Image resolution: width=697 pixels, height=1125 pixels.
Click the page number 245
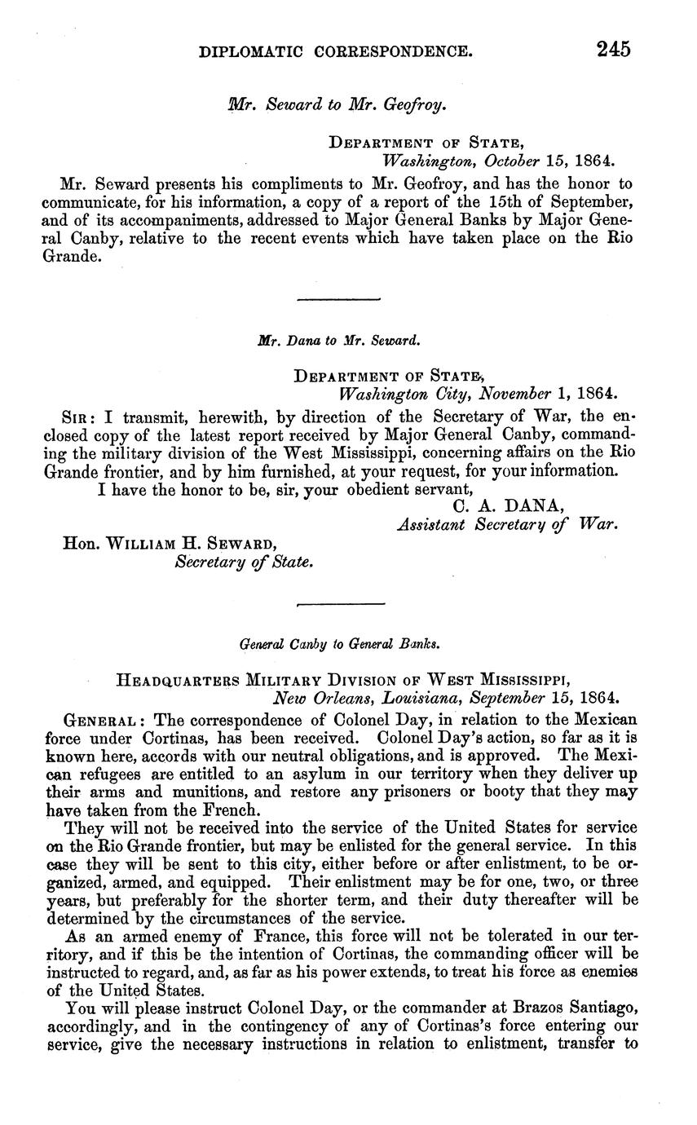[x=613, y=50]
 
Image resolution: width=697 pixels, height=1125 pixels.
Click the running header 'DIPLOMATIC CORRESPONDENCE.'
[x=336, y=51]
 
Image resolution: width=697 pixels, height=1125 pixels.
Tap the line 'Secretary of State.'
[x=245, y=562]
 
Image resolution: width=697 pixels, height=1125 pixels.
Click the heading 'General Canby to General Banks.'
[x=340, y=644]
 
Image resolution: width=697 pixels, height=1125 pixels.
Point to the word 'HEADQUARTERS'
[x=178, y=680]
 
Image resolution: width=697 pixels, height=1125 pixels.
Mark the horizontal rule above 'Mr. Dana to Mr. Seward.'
[x=339, y=299]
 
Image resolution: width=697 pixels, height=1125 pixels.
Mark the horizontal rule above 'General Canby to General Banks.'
[x=340, y=604]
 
